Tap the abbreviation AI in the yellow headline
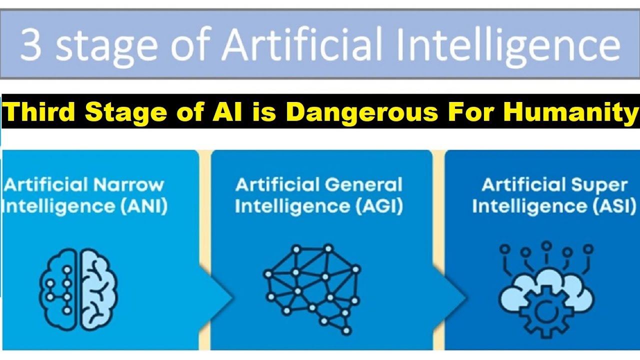227,112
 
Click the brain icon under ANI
78,289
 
